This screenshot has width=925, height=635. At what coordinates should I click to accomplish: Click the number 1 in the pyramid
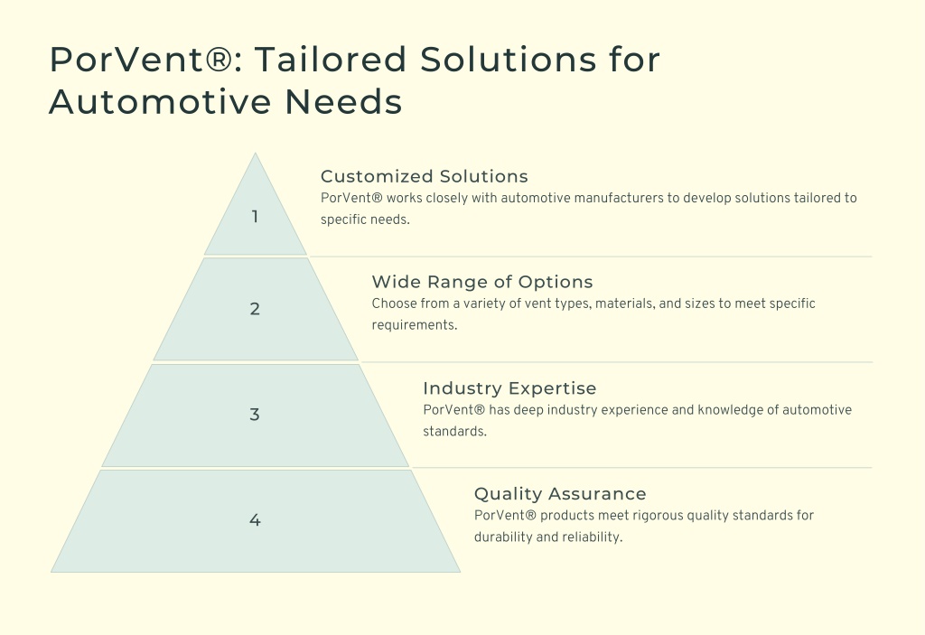pyautogui.click(x=255, y=217)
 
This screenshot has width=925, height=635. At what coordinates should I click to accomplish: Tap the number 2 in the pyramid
pyautogui.click(x=255, y=309)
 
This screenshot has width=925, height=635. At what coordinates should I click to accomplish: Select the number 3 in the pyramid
pyautogui.click(x=254, y=415)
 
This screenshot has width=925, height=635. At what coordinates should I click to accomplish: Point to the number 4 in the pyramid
pyautogui.click(x=255, y=520)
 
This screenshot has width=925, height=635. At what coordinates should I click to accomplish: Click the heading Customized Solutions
pyautogui.click(x=425, y=176)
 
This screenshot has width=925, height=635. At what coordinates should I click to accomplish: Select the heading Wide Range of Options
pyautogui.click(x=482, y=282)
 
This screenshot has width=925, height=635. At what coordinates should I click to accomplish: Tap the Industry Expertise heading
pyautogui.click(x=509, y=388)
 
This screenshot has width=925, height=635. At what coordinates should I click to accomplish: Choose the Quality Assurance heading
pyautogui.click(x=560, y=494)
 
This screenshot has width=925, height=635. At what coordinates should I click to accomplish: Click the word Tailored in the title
pyautogui.click(x=331, y=59)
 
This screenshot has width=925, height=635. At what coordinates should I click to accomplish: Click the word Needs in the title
pyautogui.click(x=343, y=101)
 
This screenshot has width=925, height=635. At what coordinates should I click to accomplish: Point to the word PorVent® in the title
pyautogui.click(x=140, y=59)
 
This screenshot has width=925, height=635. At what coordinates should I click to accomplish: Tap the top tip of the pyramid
pyautogui.click(x=255, y=153)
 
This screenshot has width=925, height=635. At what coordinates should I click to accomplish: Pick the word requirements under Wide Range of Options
pyautogui.click(x=414, y=325)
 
